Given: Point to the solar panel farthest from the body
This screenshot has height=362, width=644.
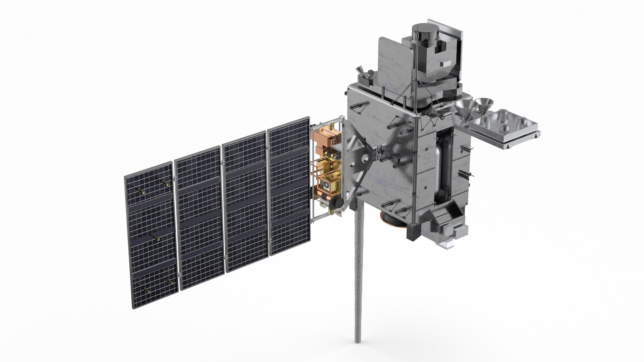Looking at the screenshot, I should (150, 235).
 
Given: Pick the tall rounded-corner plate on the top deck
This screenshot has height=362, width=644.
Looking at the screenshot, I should (396, 64).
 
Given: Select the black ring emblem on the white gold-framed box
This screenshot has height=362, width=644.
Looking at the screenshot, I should (325, 185).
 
